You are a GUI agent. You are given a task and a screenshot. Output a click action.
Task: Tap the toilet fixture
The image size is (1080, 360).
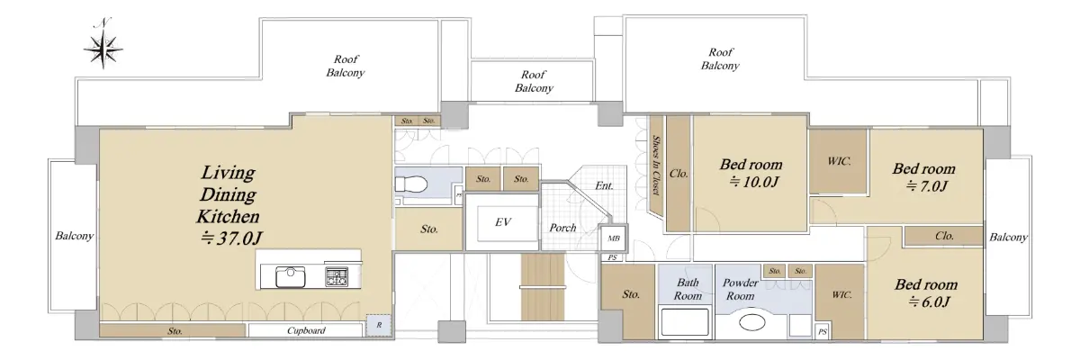(411, 184)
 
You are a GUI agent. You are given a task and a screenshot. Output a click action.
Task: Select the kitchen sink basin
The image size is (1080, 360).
(290, 277)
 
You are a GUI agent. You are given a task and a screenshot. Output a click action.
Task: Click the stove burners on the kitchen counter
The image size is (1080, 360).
(336, 277)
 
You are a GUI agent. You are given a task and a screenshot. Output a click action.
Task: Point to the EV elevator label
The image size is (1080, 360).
(503, 222)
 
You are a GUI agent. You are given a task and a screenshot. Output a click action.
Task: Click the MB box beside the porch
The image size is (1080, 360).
(614, 238)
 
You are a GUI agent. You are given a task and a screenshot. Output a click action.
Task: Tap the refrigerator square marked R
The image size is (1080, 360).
(379, 325)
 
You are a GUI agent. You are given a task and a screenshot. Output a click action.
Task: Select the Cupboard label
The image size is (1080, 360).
(306, 330)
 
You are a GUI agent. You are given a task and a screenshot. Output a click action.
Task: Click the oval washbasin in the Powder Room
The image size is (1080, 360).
(752, 322)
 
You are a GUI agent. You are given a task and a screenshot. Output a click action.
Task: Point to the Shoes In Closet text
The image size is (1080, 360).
(656, 166)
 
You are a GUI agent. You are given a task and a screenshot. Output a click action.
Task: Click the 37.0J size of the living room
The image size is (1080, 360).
(231, 238)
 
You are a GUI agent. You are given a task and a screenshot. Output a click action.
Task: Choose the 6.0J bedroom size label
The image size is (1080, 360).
(929, 301)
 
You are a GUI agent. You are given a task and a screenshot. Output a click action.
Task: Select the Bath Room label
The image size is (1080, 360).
(688, 289)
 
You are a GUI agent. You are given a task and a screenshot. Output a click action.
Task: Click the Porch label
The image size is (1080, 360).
(562, 228)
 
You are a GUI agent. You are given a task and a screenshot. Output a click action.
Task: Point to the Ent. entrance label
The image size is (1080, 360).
(604, 185)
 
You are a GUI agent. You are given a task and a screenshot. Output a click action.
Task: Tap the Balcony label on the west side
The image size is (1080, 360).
(74, 236)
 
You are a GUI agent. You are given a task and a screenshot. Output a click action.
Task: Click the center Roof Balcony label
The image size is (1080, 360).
(534, 81)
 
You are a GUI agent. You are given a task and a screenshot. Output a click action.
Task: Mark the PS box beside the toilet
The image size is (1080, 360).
(458, 195)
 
